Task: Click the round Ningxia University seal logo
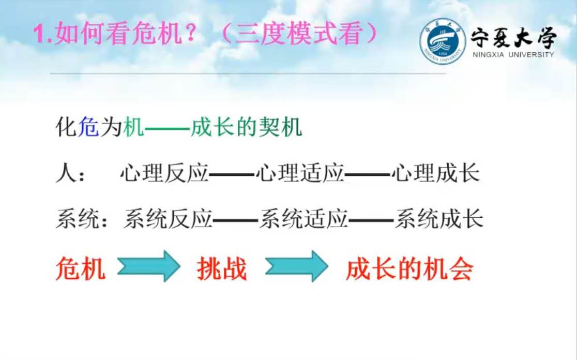(x=443, y=41)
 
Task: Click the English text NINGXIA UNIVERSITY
(x=513, y=54)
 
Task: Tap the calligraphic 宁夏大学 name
(x=514, y=37)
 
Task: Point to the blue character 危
(x=88, y=127)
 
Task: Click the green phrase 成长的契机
(x=246, y=127)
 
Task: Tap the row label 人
(x=66, y=173)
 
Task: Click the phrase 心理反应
(x=164, y=173)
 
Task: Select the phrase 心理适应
(x=300, y=173)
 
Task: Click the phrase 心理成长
(x=436, y=173)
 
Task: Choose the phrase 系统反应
(x=168, y=219)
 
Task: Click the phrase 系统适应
(x=303, y=219)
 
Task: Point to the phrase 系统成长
(x=439, y=219)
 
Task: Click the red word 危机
(x=81, y=269)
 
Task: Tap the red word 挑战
(x=222, y=269)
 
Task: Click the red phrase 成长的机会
(x=409, y=269)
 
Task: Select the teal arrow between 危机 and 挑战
(x=149, y=266)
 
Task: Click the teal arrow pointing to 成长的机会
(x=297, y=266)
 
